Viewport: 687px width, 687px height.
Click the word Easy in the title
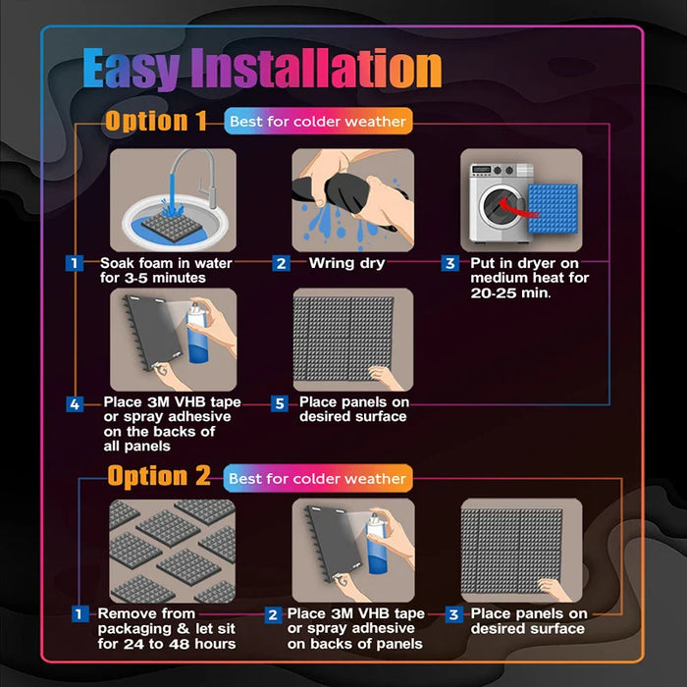click(x=131, y=70)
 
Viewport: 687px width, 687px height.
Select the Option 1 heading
click(x=156, y=121)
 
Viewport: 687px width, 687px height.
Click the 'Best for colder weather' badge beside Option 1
click(x=317, y=122)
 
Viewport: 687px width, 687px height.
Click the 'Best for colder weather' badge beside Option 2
click(x=317, y=478)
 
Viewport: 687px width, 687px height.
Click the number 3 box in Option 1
click(x=450, y=263)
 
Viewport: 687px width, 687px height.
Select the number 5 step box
click(x=280, y=403)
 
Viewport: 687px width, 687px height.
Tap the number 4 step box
click(x=75, y=403)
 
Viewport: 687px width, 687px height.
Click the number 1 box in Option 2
click(x=79, y=614)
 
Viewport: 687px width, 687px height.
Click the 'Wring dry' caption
click(x=347, y=263)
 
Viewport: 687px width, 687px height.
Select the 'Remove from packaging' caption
click(x=166, y=628)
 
